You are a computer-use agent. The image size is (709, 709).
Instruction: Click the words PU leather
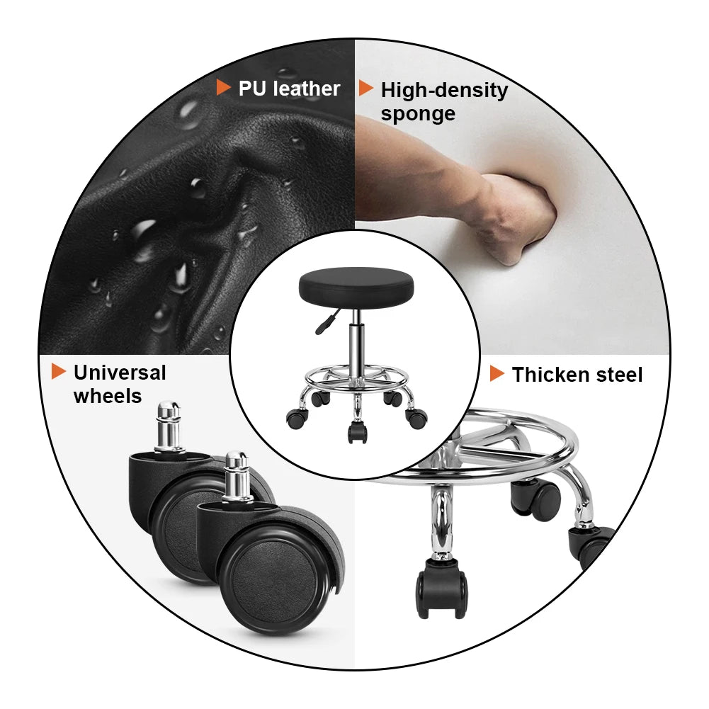[289, 89]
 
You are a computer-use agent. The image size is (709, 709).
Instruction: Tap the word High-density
[444, 91]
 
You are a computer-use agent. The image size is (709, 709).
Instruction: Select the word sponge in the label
[418, 114]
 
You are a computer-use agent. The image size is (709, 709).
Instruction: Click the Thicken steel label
[577, 375]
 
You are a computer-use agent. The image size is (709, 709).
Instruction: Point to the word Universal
[120, 373]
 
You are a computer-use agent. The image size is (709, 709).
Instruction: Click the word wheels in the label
[108, 396]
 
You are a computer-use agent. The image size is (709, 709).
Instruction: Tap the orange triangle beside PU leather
[223, 88]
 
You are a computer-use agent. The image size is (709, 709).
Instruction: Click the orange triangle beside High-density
[365, 89]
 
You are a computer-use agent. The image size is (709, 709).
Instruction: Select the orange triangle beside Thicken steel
[497, 374]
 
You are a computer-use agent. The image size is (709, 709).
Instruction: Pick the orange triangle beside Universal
[59, 371]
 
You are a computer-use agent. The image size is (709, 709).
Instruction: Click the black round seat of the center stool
[355, 284]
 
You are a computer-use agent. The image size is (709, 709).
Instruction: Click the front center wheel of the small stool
[356, 431]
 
